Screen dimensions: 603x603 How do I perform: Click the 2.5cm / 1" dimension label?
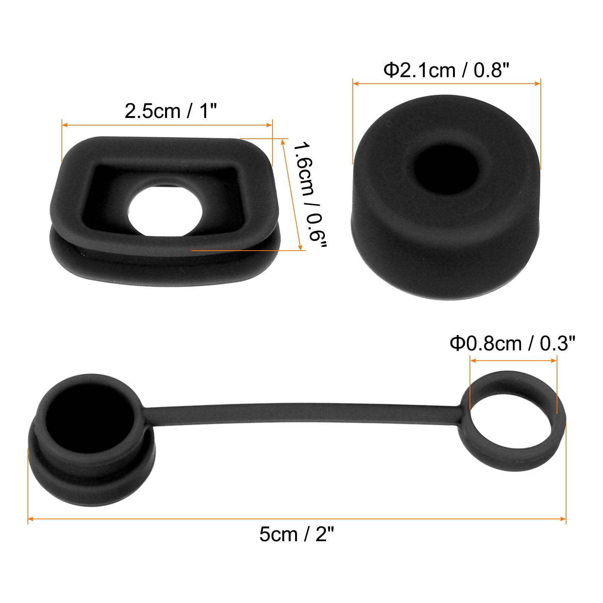171,111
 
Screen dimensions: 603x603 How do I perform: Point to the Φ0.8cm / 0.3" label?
513,343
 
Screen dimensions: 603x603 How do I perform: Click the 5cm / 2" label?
297,534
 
